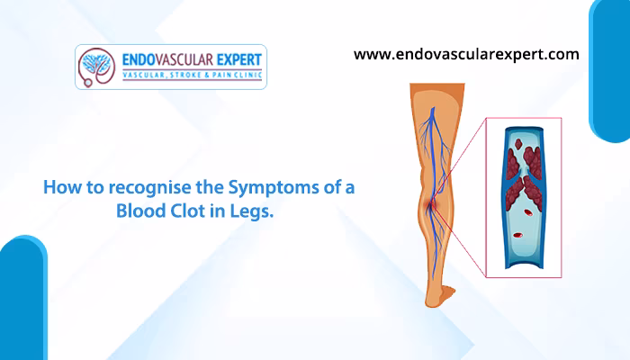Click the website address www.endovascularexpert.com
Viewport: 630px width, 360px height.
(x=466, y=55)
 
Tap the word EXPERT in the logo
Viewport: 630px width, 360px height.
(x=239, y=60)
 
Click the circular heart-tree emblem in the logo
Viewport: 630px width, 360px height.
(x=97, y=64)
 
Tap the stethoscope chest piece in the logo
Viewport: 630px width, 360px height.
(x=87, y=83)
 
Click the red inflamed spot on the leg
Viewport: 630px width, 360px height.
(x=430, y=206)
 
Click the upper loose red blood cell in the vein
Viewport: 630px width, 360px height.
(x=527, y=213)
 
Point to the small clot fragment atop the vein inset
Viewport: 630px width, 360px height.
(x=518, y=143)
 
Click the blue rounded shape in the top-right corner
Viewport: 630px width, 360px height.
(x=609, y=71)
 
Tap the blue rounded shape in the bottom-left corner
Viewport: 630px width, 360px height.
(x=23, y=298)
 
